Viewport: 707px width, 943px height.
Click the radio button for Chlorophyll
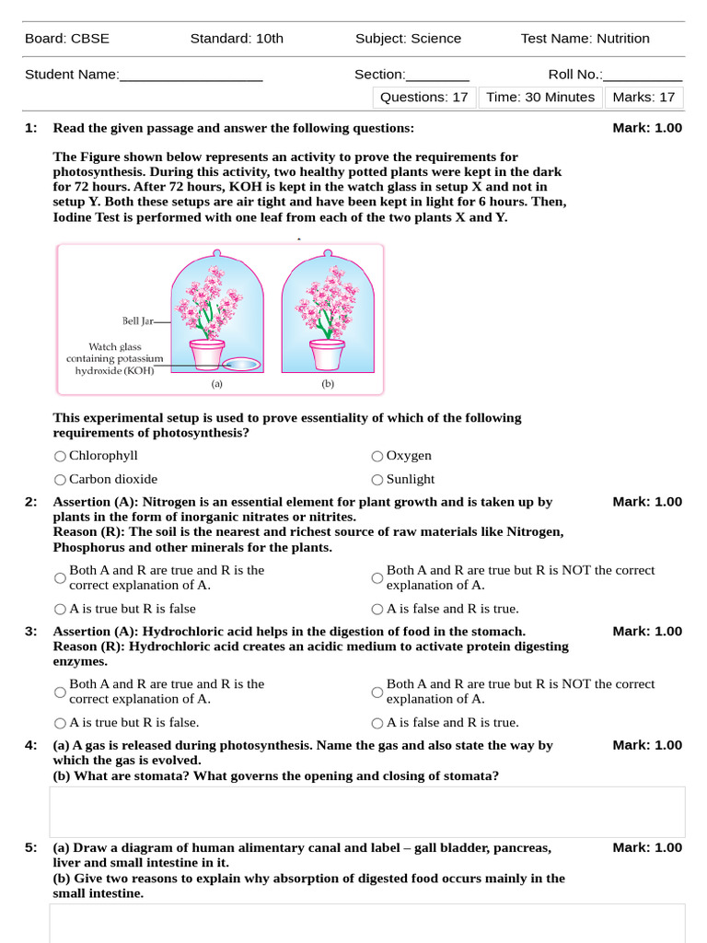click(x=60, y=456)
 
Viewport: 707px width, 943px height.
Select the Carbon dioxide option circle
click(x=60, y=480)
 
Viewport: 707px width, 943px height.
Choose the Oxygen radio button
click(x=377, y=456)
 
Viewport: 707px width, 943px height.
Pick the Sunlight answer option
click(x=377, y=480)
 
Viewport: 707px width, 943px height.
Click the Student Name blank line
click(x=191, y=76)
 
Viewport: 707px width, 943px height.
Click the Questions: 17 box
click(x=424, y=97)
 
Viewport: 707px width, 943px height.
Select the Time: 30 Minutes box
click(x=540, y=97)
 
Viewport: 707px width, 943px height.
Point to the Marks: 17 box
click(x=643, y=97)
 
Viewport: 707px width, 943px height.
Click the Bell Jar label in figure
click(x=136, y=321)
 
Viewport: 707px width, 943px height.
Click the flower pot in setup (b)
click(x=327, y=354)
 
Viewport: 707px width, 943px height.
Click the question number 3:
click(x=31, y=631)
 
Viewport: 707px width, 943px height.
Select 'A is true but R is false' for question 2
click(x=60, y=609)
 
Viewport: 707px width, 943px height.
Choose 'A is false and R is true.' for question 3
click(x=377, y=723)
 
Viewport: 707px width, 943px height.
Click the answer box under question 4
click(x=366, y=811)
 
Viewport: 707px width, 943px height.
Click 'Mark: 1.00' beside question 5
click(x=647, y=847)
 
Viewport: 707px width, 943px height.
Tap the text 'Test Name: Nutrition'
click(x=585, y=38)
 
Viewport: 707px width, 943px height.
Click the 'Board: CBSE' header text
click(x=67, y=38)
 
